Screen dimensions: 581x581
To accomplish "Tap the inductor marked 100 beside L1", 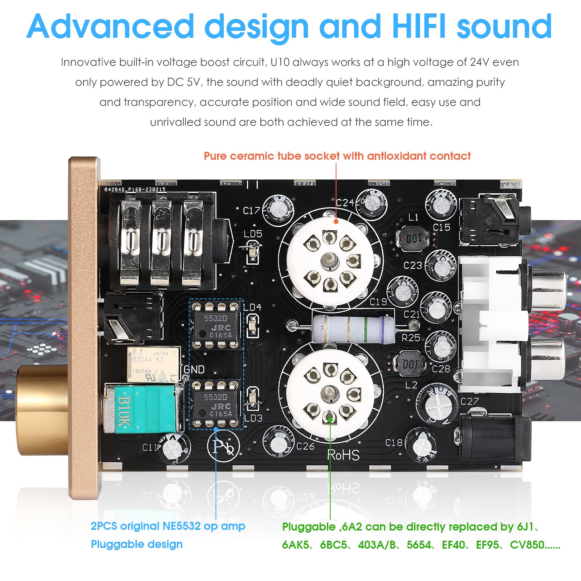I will (x=413, y=239).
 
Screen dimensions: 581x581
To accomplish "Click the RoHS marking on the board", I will (x=343, y=455).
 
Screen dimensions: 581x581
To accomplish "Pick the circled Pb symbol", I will (x=223, y=447).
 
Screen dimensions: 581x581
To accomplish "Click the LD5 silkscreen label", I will (x=253, y=233).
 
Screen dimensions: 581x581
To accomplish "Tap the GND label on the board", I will (x=194, y=369).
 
